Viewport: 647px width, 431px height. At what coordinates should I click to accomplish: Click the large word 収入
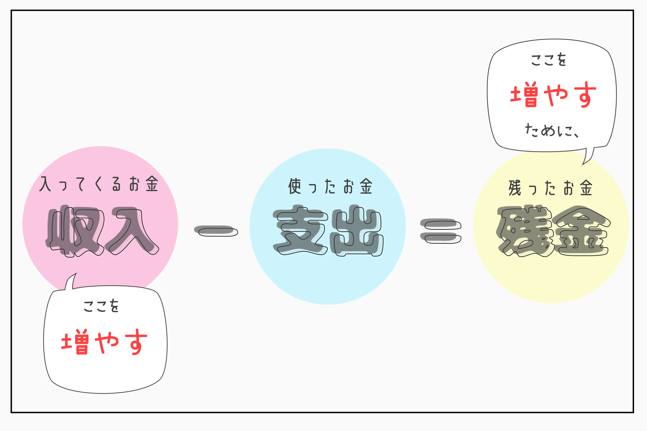pyautogui.click(x=102, y=231)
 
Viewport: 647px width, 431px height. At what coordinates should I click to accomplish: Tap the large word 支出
pyautogui.click(x=328, y=231)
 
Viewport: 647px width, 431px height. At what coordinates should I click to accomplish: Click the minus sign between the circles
pyautogui.click(x=216, y=231)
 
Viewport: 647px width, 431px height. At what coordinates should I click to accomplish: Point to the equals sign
pyautogui.click(x=441, y=231)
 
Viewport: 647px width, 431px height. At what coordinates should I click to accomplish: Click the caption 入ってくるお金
pyautogui.click(x=99, y=184)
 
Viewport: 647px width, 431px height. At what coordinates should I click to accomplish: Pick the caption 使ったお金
pyautogui.click(x=330, y=186)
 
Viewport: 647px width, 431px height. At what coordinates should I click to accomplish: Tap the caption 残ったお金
pyautogui.click(x=551, y=188)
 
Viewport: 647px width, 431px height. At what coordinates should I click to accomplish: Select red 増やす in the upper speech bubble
pyautogui.click(x=553, y=94)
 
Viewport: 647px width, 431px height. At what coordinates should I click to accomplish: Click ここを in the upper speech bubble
pyautogui.click(x=549, y=60)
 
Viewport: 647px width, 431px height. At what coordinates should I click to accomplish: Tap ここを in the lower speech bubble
pyautogui.click(x=101, y=306)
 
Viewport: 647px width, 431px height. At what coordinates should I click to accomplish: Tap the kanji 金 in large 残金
pyautogui.click(x=581, y=231)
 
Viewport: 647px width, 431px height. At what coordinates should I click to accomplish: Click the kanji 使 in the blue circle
pyautogui.click(x=295, y=186)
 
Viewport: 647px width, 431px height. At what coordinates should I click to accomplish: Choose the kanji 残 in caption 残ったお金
pyautogui.click(x=515, y=188)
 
